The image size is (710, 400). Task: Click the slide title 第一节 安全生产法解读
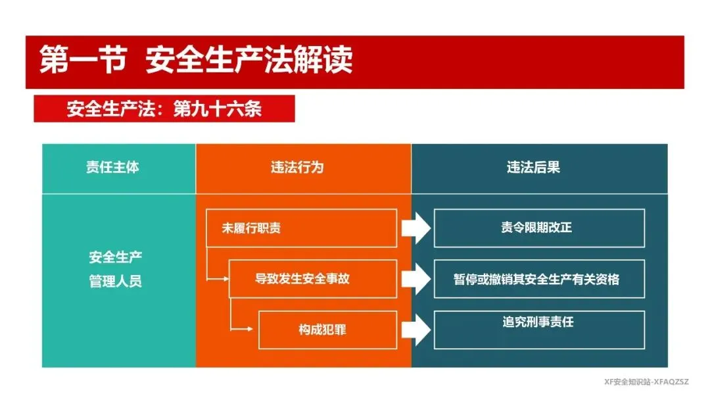point(196,59)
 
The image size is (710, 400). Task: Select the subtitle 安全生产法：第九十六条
point(164,109)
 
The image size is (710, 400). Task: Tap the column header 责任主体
point(113,167)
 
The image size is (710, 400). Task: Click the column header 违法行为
point(297,167)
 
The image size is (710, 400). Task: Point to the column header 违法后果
point(533,167)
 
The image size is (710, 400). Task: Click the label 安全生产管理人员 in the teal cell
point(116,269)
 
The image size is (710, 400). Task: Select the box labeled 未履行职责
point(301,228)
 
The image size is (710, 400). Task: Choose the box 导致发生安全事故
point(313,278)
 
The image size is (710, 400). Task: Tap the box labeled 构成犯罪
point(327,330)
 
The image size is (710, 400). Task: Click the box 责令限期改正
point(539,228)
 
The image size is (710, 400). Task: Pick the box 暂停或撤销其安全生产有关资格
point(539,278)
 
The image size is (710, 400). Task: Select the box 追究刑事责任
point(539,330)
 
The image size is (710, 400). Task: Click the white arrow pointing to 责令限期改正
point(415,228)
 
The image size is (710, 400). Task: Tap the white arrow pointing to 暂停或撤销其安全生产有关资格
point(415,279)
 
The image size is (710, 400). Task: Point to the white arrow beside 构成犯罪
point(415,330)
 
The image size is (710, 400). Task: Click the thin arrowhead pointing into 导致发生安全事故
point(226,279)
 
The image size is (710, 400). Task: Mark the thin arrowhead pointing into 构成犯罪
point(250,329)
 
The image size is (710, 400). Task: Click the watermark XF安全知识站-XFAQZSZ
point(646,382)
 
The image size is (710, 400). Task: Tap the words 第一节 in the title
point(82,59)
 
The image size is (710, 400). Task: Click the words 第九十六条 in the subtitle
point(218,109)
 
